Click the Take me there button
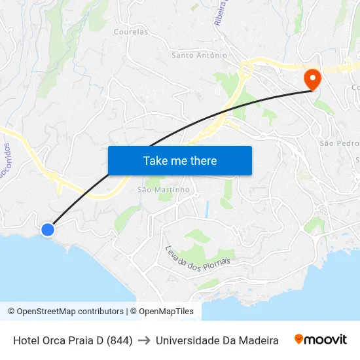click(179, 160)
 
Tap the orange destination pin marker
click(312, 80)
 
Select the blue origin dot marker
click(48, 230)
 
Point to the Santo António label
click(199, 56)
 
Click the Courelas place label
click(130, 31)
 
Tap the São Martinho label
click(163, 190)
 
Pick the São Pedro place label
click(338, 143)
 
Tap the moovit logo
click(321, 340)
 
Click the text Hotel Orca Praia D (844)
click(73, 340)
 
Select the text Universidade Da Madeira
click(217, 340)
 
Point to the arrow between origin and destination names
click(144, 340)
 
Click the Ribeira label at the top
click(221, 12)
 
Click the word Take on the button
click(156, 160)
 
